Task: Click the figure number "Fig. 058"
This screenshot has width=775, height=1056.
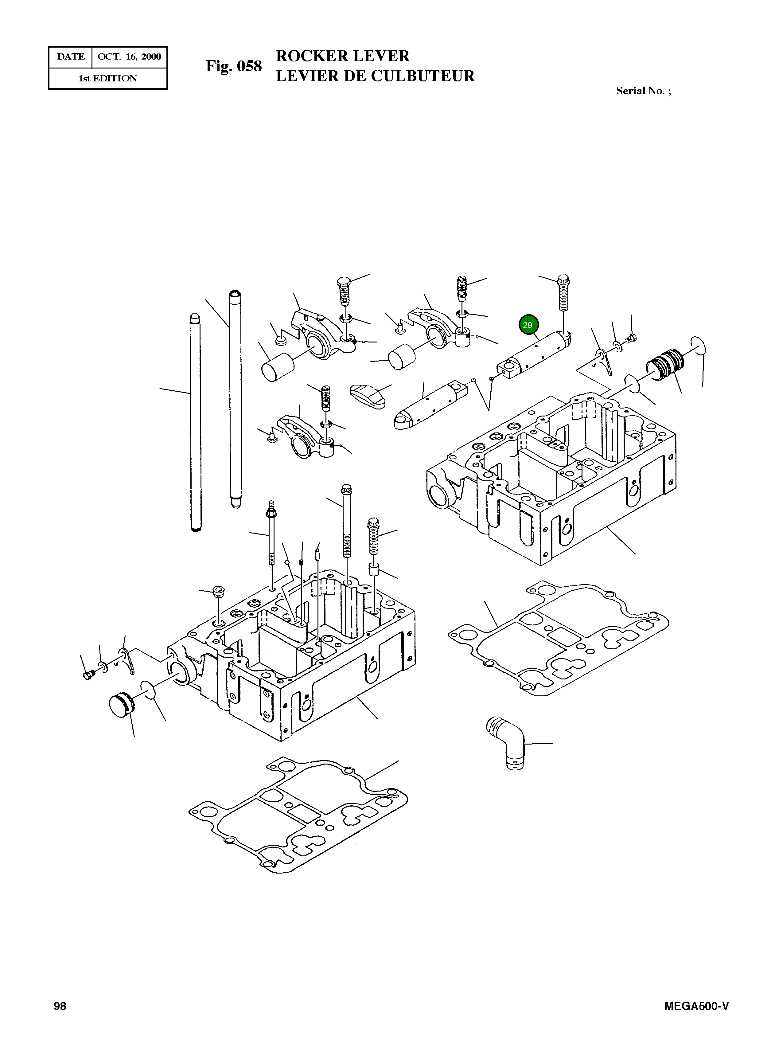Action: [x=234, y=66]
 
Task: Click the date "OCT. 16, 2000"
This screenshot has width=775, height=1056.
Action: [x=129, y=57]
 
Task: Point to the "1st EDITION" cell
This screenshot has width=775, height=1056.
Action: [x=107, y=78]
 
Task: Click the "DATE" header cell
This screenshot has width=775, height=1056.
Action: [x=70, y=57]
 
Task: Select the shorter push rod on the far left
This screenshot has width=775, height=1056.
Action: [x=195, y=422]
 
